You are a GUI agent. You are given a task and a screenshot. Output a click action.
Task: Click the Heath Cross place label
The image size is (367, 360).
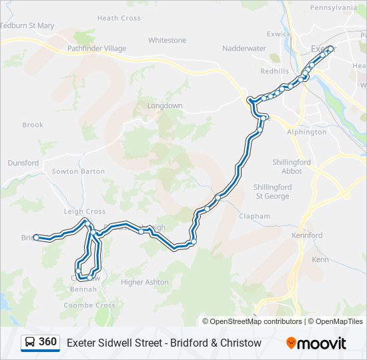coord(119,18)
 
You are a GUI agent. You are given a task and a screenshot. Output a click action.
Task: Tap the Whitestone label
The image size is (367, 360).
coord(167,40)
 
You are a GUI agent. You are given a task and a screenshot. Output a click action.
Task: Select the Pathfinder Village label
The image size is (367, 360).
coord(96,49)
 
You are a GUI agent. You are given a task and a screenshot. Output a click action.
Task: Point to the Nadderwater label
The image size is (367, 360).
coord(244,49)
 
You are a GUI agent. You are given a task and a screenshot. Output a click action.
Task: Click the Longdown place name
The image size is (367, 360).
coord(164,106)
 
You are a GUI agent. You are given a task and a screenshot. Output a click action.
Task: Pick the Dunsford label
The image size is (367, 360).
coord(23,162)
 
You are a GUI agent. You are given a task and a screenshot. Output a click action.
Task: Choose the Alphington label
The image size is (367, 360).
coord(306,132)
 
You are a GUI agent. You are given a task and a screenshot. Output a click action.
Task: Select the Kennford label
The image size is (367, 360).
coord(307,235)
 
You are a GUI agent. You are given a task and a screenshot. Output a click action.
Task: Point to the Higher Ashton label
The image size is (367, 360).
coord(145,282)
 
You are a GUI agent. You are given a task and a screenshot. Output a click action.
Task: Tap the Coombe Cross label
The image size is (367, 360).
coord(89,305)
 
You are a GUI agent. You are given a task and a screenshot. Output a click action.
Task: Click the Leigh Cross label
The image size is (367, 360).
coord(85,211)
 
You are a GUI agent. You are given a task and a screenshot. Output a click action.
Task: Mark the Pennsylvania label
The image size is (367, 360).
coord(333,8)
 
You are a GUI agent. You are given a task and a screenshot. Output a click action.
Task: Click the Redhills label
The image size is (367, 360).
coord(274,71)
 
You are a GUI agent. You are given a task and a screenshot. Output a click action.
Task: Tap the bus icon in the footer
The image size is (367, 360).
coord(31,343)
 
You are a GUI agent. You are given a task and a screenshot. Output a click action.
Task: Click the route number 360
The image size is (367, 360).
coord(47,342)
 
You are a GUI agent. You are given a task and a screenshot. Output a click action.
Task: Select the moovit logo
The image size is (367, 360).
coord(316,343)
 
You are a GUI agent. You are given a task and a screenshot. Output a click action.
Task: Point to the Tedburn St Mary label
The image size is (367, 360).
coord(27,25)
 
